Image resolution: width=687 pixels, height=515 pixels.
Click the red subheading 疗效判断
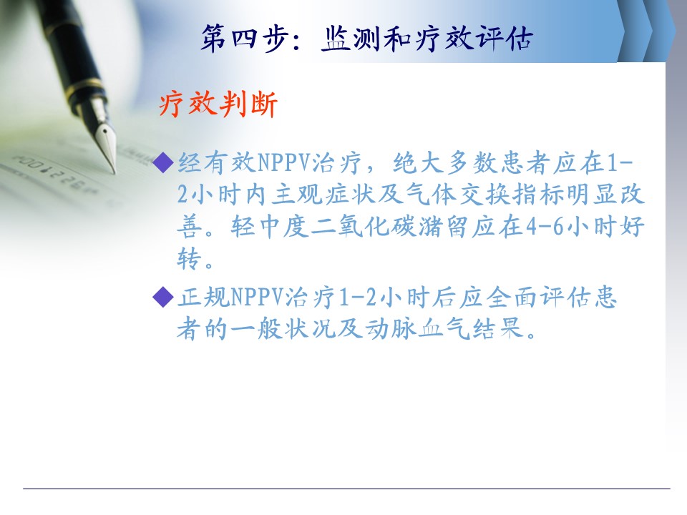(218, 104)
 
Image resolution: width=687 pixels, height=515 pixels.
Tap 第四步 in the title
(245, 38)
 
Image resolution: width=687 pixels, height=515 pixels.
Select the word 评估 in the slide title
(505, 38)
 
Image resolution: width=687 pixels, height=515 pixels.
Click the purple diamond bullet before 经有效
(163, 162)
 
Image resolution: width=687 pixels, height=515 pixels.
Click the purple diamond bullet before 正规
(163, 297)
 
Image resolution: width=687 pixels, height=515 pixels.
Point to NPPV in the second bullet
(257, 298)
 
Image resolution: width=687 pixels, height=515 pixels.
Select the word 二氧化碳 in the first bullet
(364, 227)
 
